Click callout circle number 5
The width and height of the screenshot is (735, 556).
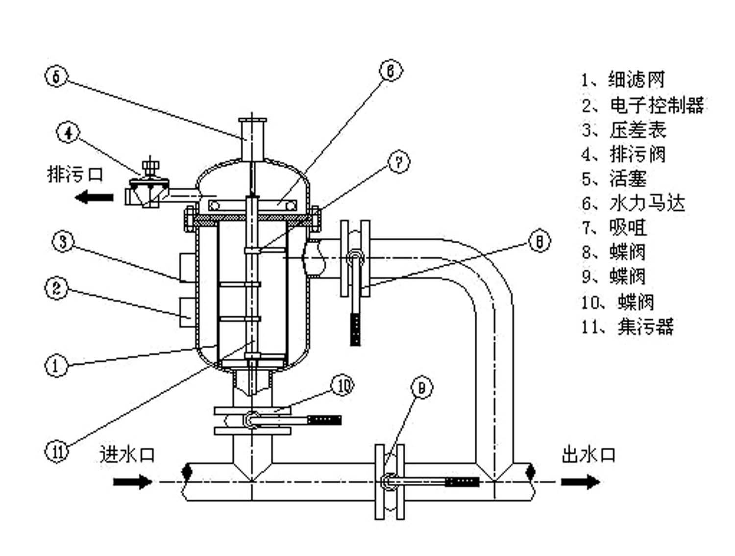(x=56, y=77)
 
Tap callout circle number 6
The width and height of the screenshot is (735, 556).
(x=391, y=71)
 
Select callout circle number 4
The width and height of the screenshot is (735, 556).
(x=68, y=132)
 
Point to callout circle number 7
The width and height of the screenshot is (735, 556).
(x=399, y=162)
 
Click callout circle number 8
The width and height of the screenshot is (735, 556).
(x=539, y=242)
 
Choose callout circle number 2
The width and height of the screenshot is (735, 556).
(x=56, y=288)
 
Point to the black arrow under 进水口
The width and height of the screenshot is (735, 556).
(x=133, y=481)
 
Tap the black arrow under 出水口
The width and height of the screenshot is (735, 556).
(x=580, y=481)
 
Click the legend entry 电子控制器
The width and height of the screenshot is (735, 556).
(x=657, y=105)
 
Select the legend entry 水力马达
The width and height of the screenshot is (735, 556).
(x=647, y=203)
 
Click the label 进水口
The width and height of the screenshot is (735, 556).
(x=127, y=455)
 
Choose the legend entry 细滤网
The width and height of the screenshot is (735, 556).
(x=636, y=80)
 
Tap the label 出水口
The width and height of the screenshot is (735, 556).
(x=588, y=455)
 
